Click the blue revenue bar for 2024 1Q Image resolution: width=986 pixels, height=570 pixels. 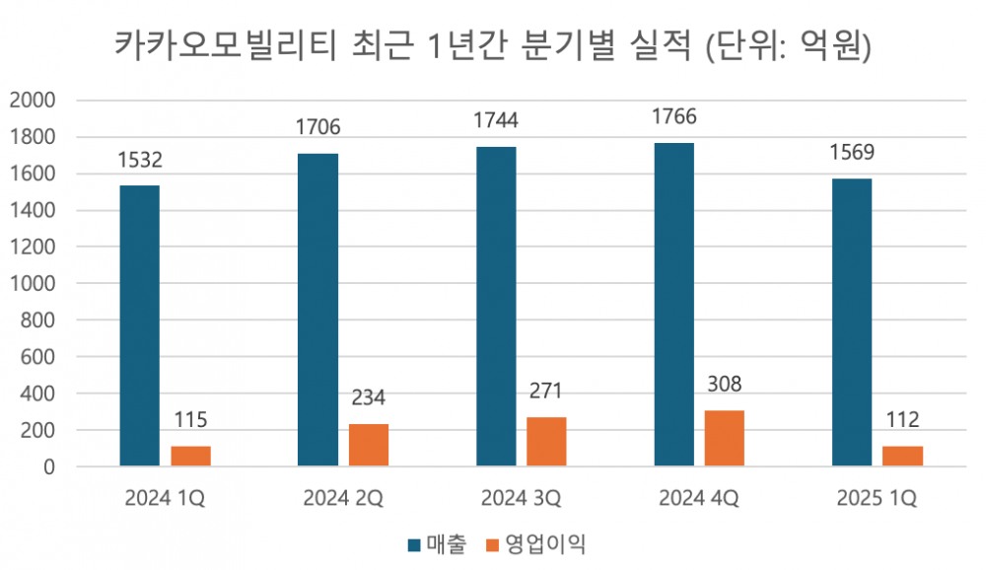pyautogui.click(x=139, y=325)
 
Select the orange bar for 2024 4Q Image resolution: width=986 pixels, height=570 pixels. pyautogui.click(x=725, y=438)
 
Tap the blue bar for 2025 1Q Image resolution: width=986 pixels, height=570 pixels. pyautogui.click(x=852, y=322)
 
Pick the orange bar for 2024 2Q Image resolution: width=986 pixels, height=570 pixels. pyautogui.click(x=368, y=445)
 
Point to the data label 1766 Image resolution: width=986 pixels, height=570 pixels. pyautogui.click(x=673, y=117)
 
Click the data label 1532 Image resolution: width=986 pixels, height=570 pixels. pyautogui.click(x=139, y=160)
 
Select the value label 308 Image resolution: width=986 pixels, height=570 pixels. pyautogui.click(x=725, y=385)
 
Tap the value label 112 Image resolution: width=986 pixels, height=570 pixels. pyautogui.click(x=902, y=421)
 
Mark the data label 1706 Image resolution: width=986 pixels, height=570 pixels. pyautogui.click(x=317, y=127)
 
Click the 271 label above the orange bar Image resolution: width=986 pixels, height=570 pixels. pyautogui.click(x=546, y=392)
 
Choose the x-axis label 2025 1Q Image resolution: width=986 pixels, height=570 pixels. pyautogui.click(x=877, y=499)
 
